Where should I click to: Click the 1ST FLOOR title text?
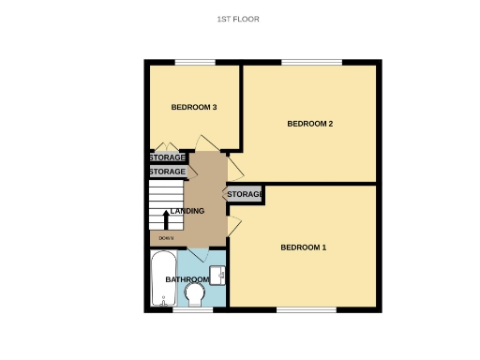click(237, 19)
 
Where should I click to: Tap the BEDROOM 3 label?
click(194, 107)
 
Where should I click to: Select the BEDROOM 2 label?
click(310, 124)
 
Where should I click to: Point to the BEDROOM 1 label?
click(304, 247)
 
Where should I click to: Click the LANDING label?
click(187, 211)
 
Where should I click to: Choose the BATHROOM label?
click(187, 279)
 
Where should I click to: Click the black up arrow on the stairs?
click(166, 219)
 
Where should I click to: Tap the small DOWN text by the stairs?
click(166, 239)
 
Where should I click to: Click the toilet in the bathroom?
click(196, 296)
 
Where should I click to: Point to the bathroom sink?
click(217, 275)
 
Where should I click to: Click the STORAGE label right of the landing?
click(245, 194)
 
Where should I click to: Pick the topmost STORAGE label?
click(168, 157)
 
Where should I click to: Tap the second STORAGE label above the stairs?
click(168, 172)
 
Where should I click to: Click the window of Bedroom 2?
click(312, 63)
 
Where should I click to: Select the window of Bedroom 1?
click(307, 309)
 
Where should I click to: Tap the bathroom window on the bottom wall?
click(187, 309)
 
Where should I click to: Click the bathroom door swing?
click(199, 255)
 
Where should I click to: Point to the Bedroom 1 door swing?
click(234, 227)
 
